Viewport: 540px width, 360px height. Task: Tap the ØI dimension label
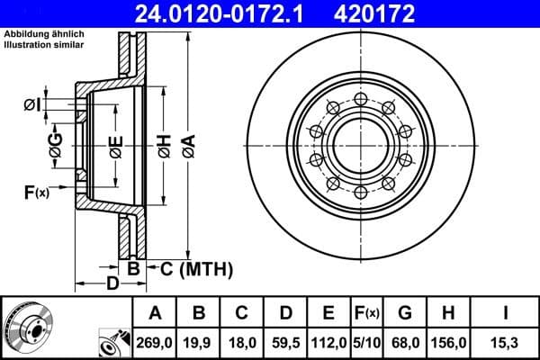pos(32,106)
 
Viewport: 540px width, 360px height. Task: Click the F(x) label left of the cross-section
pos(37,191)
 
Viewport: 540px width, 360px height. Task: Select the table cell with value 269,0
pos(156,341)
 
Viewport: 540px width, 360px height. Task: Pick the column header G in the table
pos(405,313)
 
